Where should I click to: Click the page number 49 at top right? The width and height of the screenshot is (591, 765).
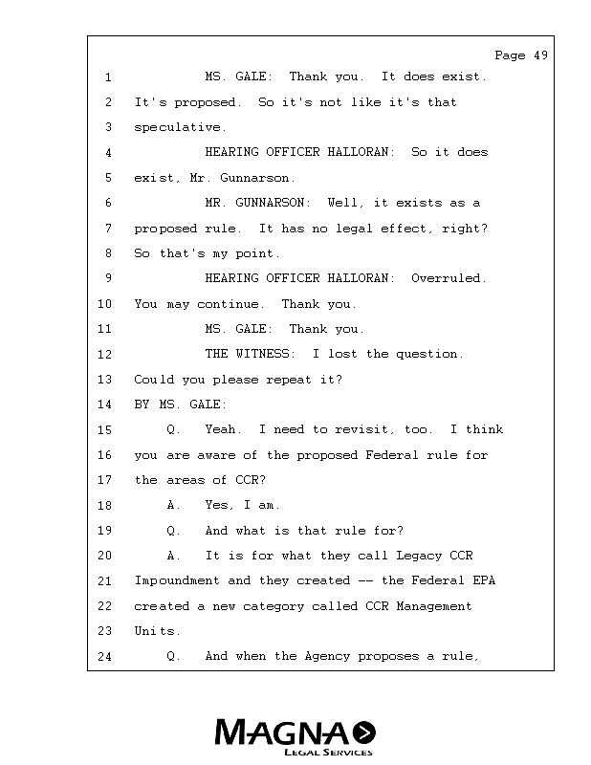tap(541, 55)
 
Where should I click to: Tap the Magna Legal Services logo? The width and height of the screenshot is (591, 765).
tap(295, 736)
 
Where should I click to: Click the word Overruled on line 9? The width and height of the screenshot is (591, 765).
tap(449, 278)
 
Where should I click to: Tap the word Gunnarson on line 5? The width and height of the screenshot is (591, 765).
tap(258, 178)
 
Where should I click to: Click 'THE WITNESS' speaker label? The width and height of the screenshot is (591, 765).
tap(249, 354)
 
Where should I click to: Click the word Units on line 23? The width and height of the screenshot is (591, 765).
tap(154, 631)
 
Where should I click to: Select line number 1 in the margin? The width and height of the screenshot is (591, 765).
tap(109, 76)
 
